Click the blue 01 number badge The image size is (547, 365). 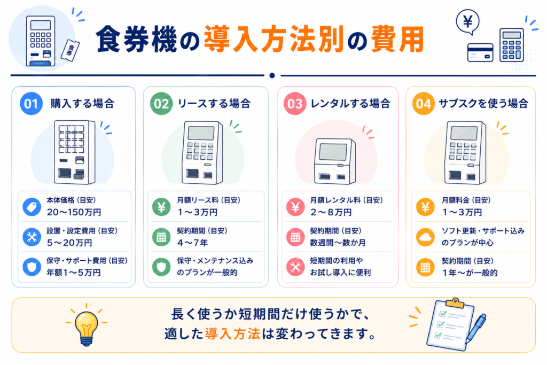tap(31, 104)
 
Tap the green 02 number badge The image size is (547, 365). tap(161, 104)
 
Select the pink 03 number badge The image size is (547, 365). tap(295, 104)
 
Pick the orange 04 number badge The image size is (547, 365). tap(424, 104)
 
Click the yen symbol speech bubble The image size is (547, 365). tap(468, 22)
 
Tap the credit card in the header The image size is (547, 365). tap(480, 52)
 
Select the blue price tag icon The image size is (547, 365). tap(32, 207)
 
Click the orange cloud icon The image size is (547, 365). tap(425, 237)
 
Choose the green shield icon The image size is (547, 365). tap(161, 267)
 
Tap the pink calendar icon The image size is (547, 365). tap(295, 237)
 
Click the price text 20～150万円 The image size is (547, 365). tap(74, 212)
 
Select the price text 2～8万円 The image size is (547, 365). tap(331, 212)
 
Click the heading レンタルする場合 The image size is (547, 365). tap(350, 104)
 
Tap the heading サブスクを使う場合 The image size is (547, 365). tap(483, 104)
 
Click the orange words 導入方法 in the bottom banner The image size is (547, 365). tap(232, 334)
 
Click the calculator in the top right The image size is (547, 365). tap(511, 45)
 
